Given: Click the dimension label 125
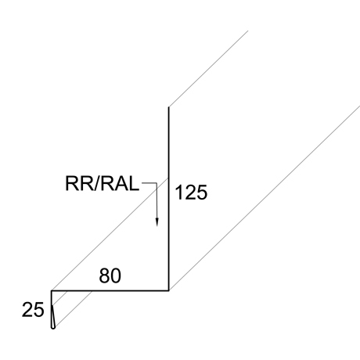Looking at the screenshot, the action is [x=191, y=193].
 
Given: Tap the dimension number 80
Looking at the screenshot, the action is [x=110, y=275].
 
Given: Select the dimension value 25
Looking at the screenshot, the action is [x=33, y=310].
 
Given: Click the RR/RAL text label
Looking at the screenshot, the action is [x=102, y=183].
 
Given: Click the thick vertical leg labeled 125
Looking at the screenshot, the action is [x=169, y=199].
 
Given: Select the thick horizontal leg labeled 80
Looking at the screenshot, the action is [x=110, y=290].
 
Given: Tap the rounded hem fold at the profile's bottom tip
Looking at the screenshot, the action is [x=53, y=326].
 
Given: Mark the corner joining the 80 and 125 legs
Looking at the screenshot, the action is [x=169, y=290].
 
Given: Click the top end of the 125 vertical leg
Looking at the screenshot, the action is [x=169, y=107].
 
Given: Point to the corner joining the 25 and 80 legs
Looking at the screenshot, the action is [x=52, y=290].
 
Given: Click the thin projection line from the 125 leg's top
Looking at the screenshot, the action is [x=208, y=69].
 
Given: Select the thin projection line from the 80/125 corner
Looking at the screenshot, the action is [x=265, y=198].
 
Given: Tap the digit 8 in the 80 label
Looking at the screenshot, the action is [x=104, y=275].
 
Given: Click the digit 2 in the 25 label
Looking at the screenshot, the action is [x=27, y=310].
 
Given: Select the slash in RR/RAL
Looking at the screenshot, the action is [x=95, y=183].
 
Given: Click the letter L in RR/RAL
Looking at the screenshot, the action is [x=134, y=183].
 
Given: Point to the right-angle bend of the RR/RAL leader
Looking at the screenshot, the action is [x=157, y=183].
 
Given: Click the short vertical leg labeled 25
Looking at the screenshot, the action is [x=52, y=308].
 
